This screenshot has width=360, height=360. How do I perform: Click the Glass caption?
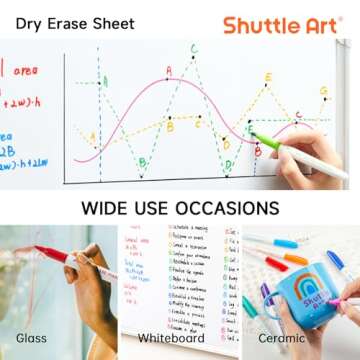coord(31,337)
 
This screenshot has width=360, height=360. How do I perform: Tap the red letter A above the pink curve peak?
coord(168,70)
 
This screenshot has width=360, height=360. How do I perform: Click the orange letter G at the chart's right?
coord(323,91)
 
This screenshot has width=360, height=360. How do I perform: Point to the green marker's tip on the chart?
coord(254,136)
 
